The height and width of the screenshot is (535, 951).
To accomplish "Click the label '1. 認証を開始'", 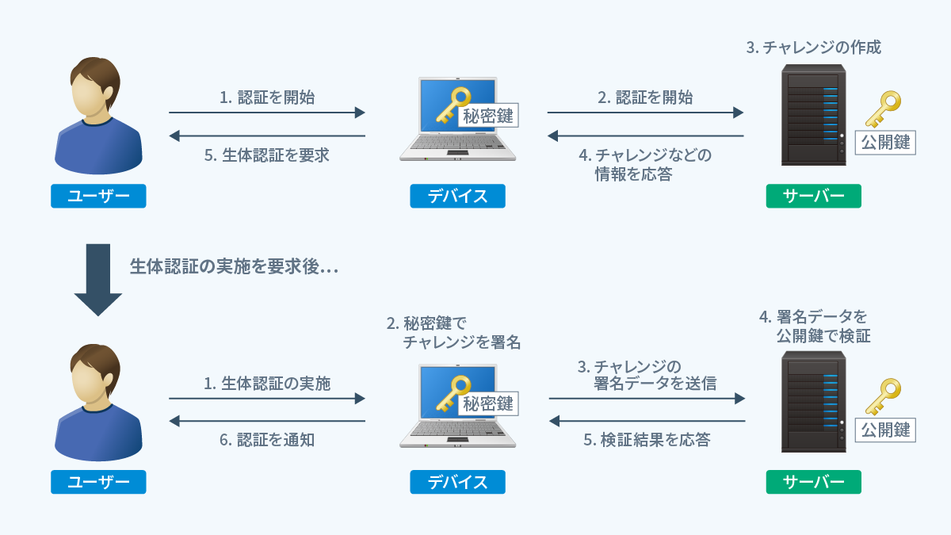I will (x=266, y=97).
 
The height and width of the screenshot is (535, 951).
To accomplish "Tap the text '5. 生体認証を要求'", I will (x=266, y=155).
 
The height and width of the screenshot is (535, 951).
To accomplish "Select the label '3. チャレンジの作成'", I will (x=813, y=48).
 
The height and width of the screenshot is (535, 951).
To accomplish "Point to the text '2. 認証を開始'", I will (x=645, y=97).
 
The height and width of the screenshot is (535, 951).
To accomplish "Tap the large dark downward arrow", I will (x=98, y=280).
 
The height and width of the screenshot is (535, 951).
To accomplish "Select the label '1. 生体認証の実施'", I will (x=266, y=384).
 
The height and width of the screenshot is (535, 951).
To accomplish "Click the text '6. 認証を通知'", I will (x=266, y=440).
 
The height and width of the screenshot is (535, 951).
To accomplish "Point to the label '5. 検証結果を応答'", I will (x=647, y=440).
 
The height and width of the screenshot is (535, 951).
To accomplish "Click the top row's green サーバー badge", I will (x=813, y=196).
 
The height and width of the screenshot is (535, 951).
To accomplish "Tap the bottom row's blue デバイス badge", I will (x=457, y=482).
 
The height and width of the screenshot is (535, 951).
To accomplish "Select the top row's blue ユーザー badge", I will (x=98, y=196).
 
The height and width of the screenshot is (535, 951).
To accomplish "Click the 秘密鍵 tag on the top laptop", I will (x=488, y=117).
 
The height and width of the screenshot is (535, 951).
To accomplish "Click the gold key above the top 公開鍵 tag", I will (x=883, y=109).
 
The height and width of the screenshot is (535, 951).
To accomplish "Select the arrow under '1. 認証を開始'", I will (x=266, y=113).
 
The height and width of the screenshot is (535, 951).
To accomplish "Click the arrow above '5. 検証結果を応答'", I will (x=647, y=421).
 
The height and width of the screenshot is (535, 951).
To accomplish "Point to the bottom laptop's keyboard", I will (x=455, y=430).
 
